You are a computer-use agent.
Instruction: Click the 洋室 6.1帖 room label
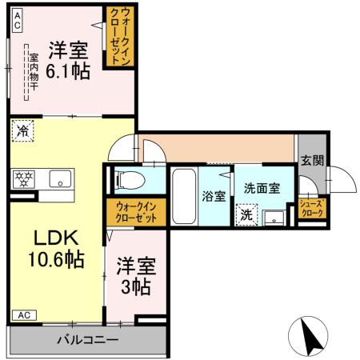[67, 58]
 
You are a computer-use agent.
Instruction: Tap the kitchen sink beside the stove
[58, 178]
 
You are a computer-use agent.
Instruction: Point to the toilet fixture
[130, 180]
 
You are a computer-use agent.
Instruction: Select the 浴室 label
[214, 196]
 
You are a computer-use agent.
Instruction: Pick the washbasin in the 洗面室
[276, 217]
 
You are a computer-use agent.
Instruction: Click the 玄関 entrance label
[313, 159]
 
